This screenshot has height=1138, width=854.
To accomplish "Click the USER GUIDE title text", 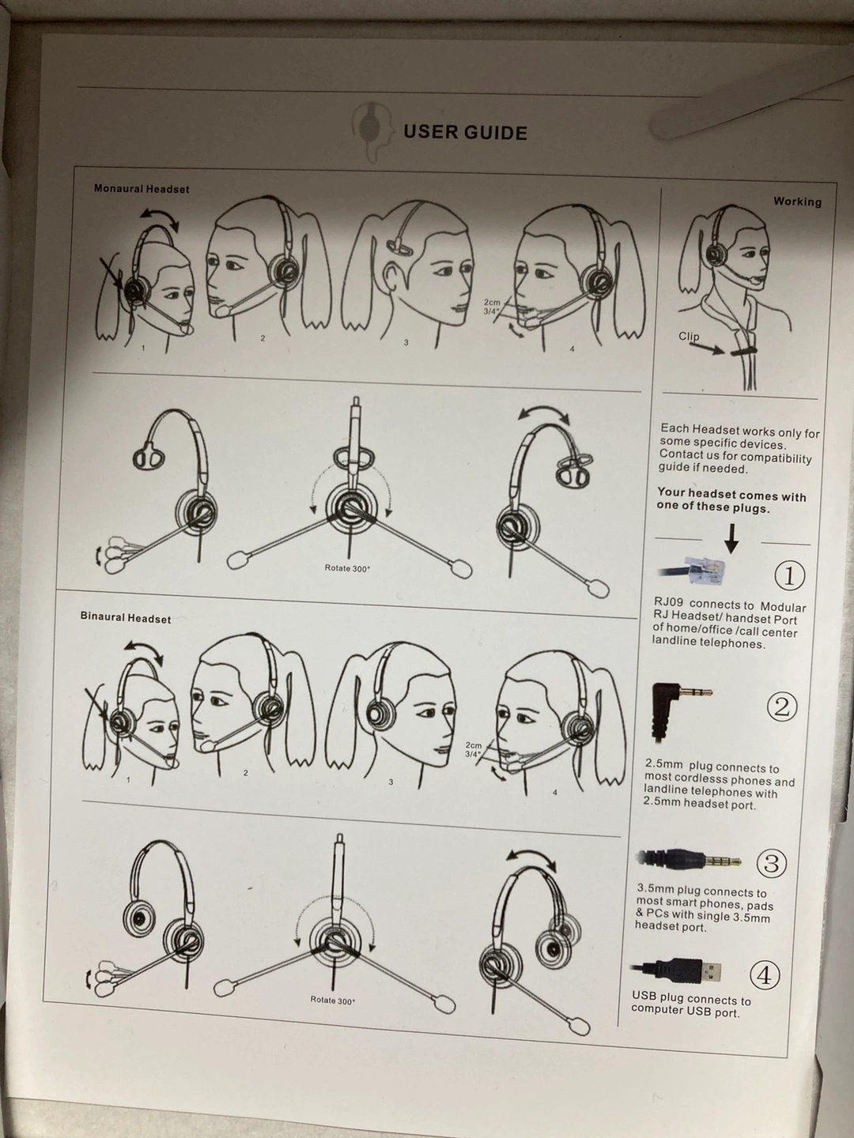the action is coord(465,133).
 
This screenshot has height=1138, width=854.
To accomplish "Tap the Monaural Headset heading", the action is coord(142,189).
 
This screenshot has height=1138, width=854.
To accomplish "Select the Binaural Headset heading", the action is coord(126,617).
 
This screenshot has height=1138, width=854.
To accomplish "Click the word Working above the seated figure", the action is coord(798,202).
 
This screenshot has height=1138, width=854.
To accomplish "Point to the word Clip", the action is coord(689,337).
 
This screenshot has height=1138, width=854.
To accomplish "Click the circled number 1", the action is coord(789,576).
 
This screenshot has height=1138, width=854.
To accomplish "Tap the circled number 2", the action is coord(782,707).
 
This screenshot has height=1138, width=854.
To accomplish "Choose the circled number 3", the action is coord(772,864).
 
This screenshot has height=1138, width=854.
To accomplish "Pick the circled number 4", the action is coord(765,976).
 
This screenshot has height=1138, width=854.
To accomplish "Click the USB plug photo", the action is coord(676,970).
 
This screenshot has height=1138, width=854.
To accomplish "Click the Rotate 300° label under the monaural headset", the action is coord(347,568).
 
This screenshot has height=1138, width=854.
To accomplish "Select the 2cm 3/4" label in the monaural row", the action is coord(492,307).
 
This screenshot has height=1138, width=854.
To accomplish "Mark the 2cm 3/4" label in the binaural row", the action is coord(473,749).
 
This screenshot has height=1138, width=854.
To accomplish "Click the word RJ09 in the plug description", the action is coord(669,602).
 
